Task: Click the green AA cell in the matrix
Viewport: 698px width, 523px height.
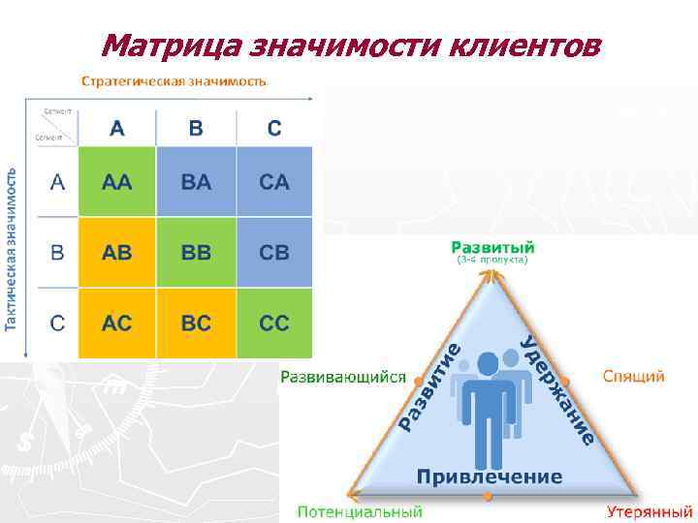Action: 116,182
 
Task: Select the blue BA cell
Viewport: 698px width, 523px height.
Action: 195,182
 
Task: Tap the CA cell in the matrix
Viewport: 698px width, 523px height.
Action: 274,182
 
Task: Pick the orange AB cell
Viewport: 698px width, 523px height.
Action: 116,253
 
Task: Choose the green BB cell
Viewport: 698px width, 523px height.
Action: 195,253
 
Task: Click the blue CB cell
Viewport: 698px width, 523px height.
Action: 274,253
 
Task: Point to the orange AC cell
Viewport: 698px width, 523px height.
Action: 116,323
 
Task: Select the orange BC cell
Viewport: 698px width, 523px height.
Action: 195,323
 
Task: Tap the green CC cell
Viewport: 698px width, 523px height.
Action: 274,323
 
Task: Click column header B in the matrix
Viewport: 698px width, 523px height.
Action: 195,129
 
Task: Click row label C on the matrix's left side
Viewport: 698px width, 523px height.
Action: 57,323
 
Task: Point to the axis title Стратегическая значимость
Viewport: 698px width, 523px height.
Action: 174,81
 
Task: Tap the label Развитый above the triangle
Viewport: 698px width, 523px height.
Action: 492,247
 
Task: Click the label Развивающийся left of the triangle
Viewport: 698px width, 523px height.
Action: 343,377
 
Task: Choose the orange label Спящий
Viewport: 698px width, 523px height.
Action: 634,376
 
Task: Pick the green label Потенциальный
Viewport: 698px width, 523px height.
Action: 360,510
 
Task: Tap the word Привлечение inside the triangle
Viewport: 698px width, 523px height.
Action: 490,477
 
